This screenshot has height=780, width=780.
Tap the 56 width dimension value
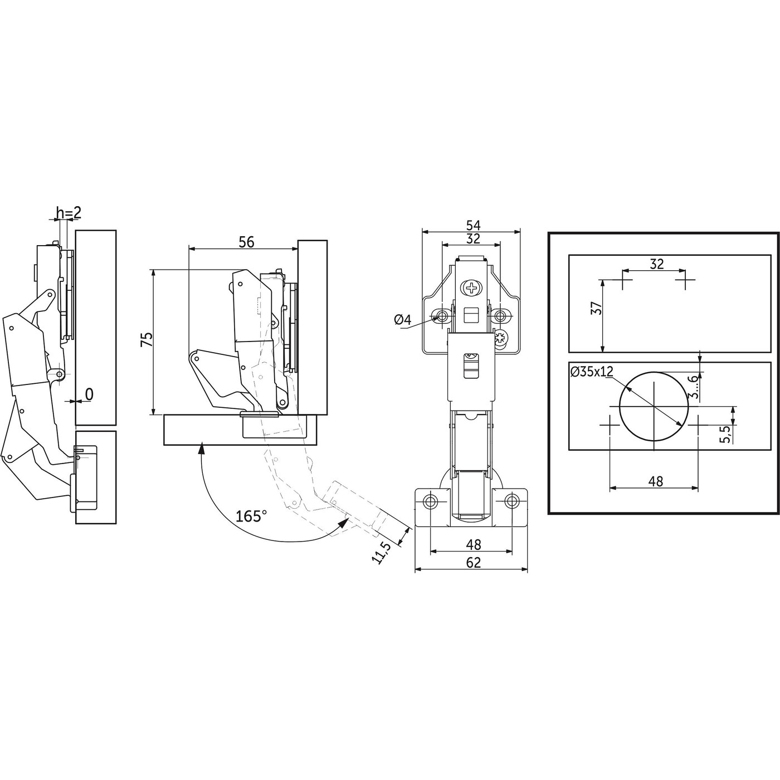[246, 242]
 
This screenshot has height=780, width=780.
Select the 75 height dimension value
[147, 339]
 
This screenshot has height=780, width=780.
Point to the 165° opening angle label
[251, 516]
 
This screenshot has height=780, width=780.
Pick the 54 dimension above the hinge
[473, 225]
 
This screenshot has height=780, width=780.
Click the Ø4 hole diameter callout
[402, 320]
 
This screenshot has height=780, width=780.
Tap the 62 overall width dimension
[473, 563]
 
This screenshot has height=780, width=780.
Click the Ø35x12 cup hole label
[592, 371]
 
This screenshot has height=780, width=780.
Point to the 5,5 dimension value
[725, 435]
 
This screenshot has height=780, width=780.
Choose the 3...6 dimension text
[694, 387]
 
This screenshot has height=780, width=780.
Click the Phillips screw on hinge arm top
[471, 289]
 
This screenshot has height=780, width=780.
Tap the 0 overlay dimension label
[90, 394]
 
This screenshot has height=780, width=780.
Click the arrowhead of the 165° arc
[344, 523]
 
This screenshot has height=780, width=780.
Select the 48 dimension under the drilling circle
[655, 481]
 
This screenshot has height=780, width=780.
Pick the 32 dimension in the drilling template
[656, 264]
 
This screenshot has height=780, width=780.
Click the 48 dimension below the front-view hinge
[473, 544]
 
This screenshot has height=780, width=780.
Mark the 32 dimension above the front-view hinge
[473, 238]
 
